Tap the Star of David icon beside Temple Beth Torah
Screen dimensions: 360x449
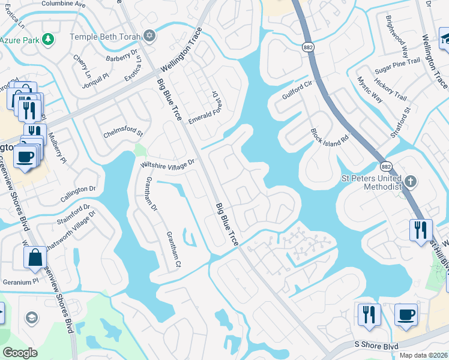(x=149, y=36)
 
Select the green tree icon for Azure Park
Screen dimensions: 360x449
(x=48, y=40)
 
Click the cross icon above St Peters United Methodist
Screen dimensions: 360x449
(x=411, y=181)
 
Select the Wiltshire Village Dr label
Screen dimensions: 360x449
(x=168, y=163)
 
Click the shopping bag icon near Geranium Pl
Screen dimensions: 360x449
(x=35, y=258)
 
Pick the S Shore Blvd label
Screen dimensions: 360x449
(x=376, y=345)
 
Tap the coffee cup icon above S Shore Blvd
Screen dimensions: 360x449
(x=406, y=314)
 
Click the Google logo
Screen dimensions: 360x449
(x=20, y=353)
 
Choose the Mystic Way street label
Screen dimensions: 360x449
(x=370, y=89)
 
